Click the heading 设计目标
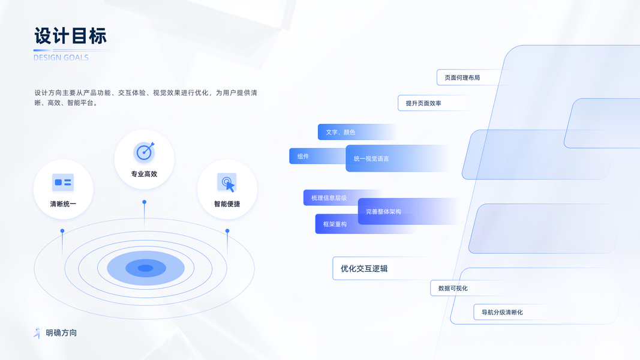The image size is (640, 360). [70, 36]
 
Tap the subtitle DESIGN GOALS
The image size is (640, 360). [61, 58]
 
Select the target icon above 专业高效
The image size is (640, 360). [144, 152]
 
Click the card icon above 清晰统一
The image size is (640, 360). [63, 182]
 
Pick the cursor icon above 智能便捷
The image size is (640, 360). [227, 182]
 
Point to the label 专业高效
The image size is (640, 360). [144, 174]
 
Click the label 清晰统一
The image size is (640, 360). [63, 204]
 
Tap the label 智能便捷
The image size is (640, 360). [227, 204]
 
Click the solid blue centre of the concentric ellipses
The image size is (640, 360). [145, 268]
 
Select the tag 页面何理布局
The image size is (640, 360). [462, 77]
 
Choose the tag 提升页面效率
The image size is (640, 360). [423, 103]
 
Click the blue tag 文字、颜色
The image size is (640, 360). [341, 132]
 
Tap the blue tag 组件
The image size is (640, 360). [304, 157]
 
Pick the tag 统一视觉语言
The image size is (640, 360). [371, 158]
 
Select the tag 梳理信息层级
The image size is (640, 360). [329, 197]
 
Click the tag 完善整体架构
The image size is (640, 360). [383, 211]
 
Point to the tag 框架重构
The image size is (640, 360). [335, 224]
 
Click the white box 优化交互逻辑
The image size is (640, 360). [364, 268]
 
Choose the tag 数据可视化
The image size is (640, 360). [453, 288]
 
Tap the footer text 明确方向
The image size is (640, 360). [61, 332]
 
